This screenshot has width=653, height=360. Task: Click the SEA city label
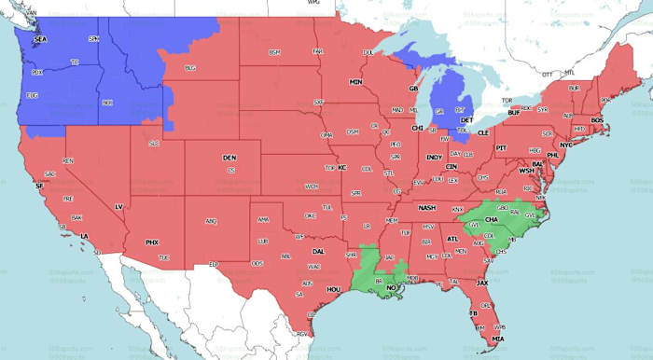[x=39, y=40]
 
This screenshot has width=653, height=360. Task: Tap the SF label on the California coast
[x=39, y=187]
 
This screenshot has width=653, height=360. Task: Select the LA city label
[x=84, y=236]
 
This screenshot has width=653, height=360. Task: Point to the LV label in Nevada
[x=118, y=206]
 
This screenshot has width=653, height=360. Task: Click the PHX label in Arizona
[x=152, y=242]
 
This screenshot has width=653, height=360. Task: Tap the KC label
[x=341, y=168]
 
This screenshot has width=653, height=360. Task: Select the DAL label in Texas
[x=318, y=251]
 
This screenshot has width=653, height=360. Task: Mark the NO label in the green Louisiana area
[x=393, y=288]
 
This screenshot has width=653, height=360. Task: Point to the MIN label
[x=355, y=82]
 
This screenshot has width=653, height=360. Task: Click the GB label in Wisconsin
[x=413, y=89]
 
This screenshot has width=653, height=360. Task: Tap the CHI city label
[x=417, y=128]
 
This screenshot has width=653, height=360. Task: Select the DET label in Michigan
[x=467, y=120]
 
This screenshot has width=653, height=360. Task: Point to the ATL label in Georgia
[x=452, y=239]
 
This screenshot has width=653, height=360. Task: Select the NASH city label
[x=427, y=207]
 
